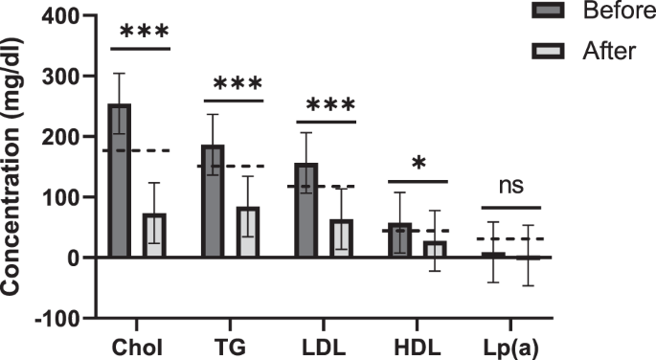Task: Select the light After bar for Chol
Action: [x=153, y=235]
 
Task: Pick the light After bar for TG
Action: [x=247, y=232]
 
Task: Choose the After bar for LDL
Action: [x=340, y=237]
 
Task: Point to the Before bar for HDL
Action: [x=399, y=240]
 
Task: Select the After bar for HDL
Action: [x=434, y=249]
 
